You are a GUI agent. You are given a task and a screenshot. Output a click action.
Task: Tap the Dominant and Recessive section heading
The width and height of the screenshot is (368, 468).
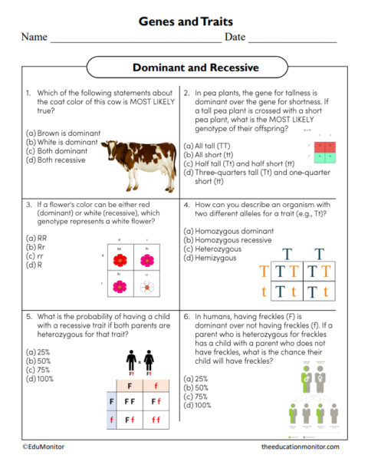pos(184,68)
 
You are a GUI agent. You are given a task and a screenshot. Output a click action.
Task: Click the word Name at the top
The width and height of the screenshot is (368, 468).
pos(34,37)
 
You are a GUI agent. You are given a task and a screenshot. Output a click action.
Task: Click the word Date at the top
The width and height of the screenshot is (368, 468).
pos(235,37)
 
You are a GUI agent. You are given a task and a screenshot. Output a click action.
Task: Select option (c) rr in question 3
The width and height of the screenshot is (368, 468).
pos(35,255)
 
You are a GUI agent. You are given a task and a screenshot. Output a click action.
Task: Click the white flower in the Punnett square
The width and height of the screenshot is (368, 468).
pos(146,287)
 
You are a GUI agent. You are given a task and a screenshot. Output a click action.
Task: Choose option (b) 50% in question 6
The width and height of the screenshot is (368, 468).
pos(196,387)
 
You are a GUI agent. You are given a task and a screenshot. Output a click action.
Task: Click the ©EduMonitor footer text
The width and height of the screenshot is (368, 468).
pos(43,446)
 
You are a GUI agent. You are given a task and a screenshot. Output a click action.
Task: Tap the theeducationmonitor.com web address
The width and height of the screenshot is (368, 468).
pos(299,446)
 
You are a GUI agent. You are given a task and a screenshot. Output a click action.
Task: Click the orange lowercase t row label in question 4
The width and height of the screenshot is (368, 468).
pos(264,291)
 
